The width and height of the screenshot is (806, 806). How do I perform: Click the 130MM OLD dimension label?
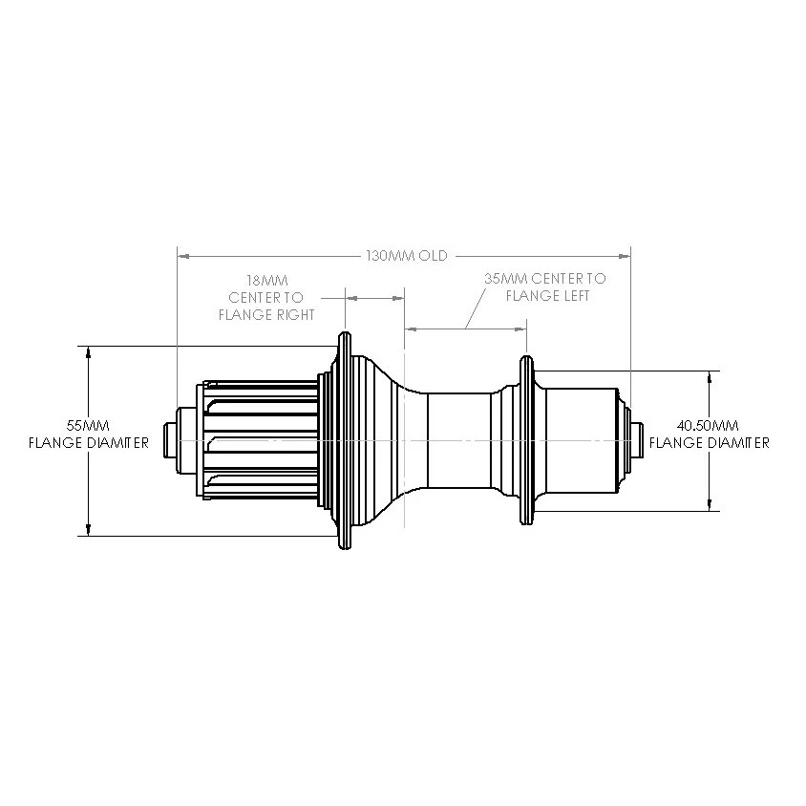coord(407,256)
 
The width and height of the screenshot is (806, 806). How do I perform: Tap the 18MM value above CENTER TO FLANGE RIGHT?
coord(266,281)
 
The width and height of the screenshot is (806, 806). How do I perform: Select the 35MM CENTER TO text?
coord(544,279)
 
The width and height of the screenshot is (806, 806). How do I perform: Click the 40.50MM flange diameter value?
coord(709,425)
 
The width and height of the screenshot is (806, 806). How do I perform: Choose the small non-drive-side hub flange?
coord(524,440)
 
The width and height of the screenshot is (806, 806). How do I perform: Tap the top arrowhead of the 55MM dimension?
coord(88,351)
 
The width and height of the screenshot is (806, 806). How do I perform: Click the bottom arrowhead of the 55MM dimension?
coord(88,529)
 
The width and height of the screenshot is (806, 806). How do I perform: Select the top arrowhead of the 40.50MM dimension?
coord(709,376)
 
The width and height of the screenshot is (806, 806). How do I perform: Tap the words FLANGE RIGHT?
coord(266,313)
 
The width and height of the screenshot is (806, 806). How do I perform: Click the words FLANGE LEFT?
coord(547,296)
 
